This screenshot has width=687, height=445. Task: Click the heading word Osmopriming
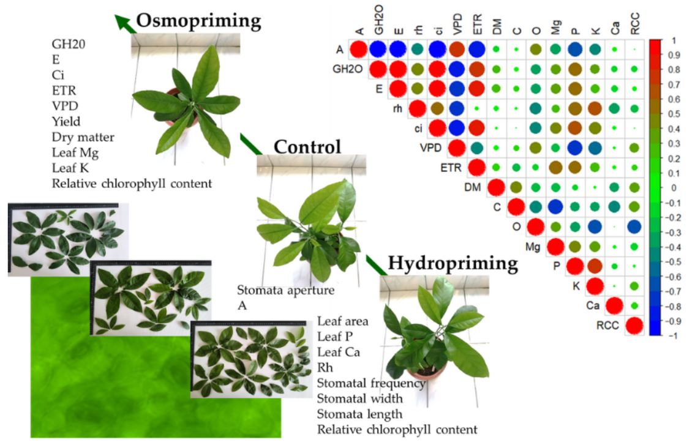[198, 21]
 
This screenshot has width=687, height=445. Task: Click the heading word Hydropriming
[453, 263]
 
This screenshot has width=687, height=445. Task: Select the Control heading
[307, 147]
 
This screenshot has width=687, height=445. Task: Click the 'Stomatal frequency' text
[371, 384]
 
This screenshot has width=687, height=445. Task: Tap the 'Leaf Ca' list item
[339, 352]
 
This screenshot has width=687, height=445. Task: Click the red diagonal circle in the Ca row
[615, 306]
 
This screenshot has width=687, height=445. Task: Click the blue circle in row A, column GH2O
[378, 49]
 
